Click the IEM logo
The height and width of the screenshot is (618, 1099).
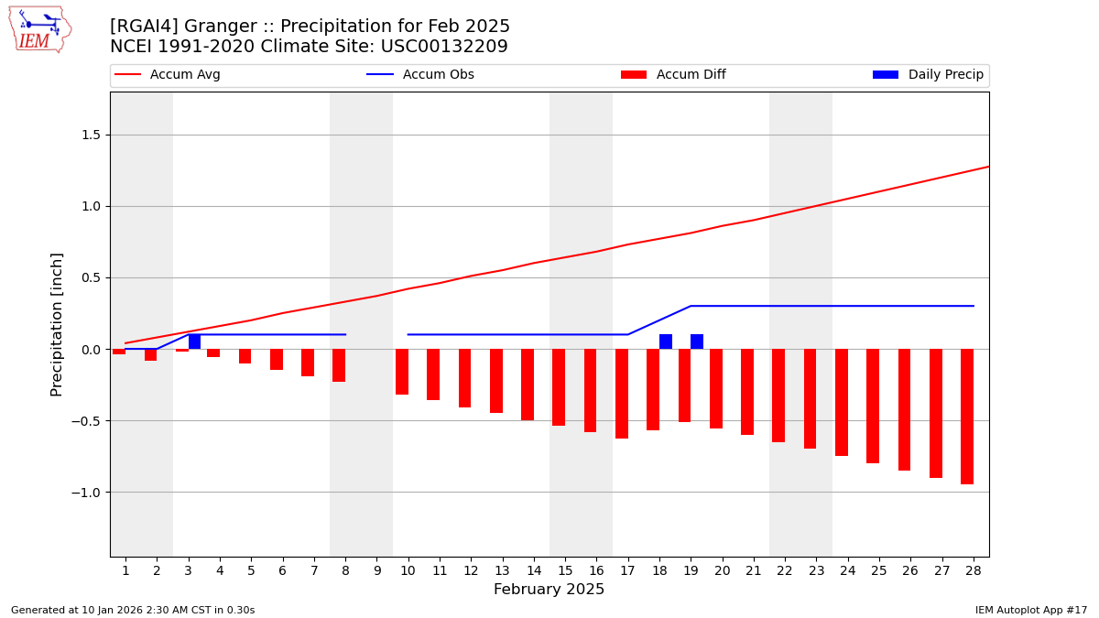[39, 29]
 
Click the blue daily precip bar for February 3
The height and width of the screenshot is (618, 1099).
[194, 342]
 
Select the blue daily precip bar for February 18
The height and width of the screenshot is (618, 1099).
[666, 342]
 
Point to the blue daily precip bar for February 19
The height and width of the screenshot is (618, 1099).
[697, 342]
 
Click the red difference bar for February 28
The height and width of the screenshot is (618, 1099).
[967, 417]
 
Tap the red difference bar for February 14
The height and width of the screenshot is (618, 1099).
[528, 385]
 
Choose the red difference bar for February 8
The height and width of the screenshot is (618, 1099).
[339, 365]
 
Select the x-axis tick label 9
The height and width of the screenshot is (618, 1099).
[376, 570]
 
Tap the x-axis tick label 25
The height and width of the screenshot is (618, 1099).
[879, 570]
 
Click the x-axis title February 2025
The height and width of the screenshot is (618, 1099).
[549, 590]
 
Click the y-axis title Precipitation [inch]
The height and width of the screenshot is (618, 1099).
[57, 324]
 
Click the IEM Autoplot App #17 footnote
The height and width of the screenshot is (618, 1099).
[1031, 610]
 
